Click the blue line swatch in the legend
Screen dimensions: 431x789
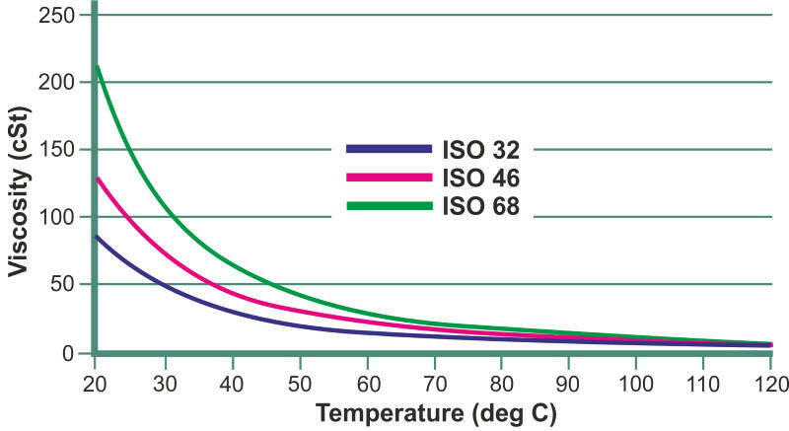(x=390, y=149)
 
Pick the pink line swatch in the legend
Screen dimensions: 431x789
(x=390, y=178)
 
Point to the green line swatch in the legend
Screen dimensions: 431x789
(x=390, y=205)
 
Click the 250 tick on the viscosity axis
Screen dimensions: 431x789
(x=62, y=15)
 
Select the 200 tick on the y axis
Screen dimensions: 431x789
(x=62, y=82)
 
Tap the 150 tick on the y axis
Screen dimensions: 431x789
(x=62, y=150)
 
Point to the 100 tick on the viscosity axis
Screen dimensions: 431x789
(x=62, y=217)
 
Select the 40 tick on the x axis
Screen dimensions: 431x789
(x=232, y=379)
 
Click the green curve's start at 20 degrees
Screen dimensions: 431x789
(x=99, y=67)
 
